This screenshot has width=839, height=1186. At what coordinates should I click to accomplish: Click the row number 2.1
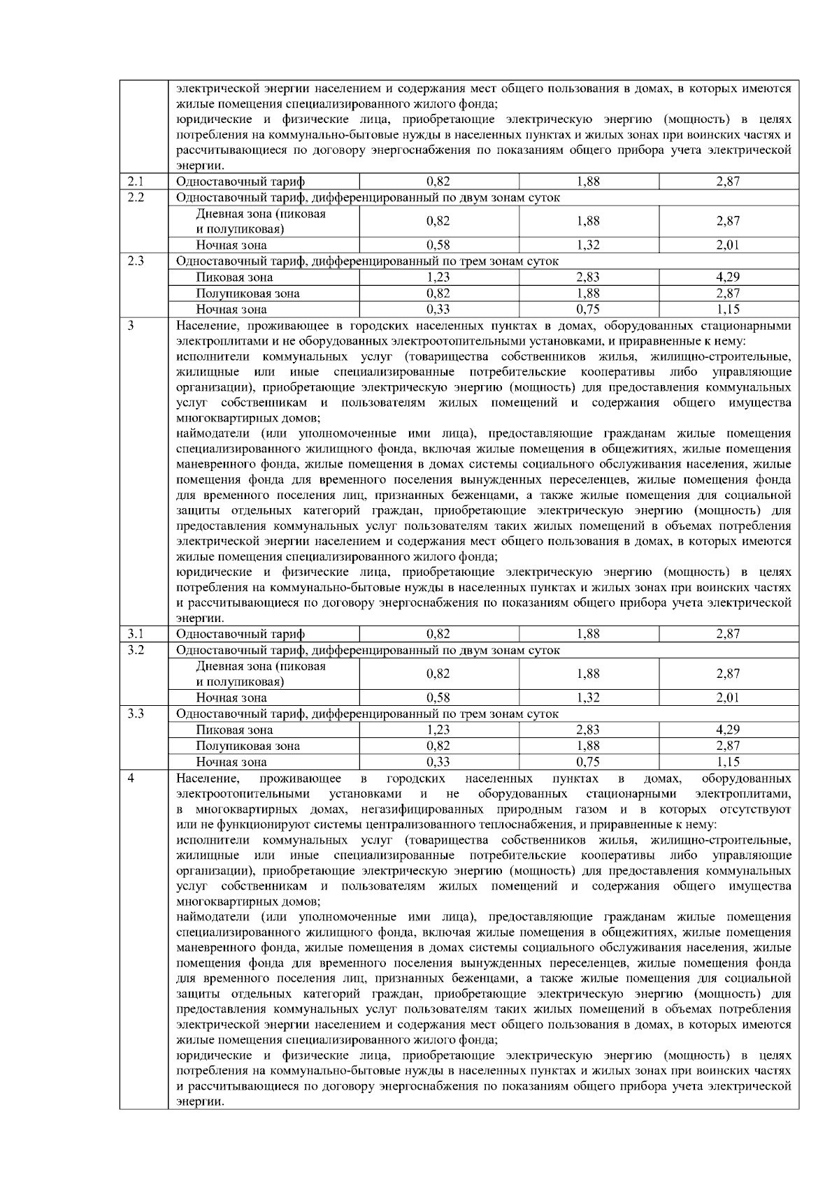click(136, 182)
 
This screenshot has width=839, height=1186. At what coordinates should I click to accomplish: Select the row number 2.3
click(136, 261)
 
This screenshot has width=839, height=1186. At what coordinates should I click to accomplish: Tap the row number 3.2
click(136, 650)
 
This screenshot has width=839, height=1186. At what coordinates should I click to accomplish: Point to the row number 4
click(131, 779)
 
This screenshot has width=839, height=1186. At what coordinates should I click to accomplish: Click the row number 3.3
click(136, 714)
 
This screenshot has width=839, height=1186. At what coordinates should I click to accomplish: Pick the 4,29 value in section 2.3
click(728, 277)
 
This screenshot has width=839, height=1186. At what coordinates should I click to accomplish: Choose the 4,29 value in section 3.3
click(728, 730)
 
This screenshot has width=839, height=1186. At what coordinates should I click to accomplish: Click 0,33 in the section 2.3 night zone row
click(438, 309)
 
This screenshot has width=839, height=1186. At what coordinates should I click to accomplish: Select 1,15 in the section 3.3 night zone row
click(728, 762)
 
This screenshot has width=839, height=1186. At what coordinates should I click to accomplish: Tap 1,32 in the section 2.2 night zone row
click(589, 245)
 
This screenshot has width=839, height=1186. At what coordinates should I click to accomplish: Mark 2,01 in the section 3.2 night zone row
click(728, 697)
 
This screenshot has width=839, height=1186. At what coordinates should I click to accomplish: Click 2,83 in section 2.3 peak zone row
click(589, 277)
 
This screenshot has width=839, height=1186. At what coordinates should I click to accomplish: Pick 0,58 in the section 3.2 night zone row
click(438, 697)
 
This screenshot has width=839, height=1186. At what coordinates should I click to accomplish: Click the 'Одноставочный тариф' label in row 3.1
click(241, 634)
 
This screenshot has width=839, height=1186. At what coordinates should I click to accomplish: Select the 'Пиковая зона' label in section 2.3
click(234, 277)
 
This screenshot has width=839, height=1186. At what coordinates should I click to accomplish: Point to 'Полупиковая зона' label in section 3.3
click(248, 746)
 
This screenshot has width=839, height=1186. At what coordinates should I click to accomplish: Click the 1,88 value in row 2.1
click(589, 182)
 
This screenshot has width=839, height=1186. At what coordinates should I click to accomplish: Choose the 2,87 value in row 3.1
click(728, 634)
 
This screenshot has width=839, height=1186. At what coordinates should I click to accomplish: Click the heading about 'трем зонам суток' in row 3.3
click(367, 714)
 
